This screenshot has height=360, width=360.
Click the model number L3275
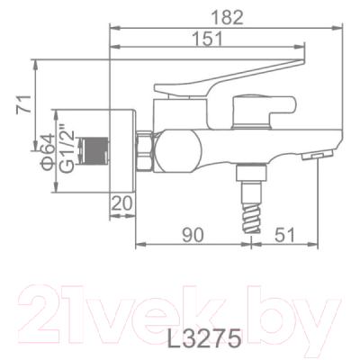tap(207, 341)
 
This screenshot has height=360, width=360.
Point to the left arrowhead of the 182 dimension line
tap(112, 26)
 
